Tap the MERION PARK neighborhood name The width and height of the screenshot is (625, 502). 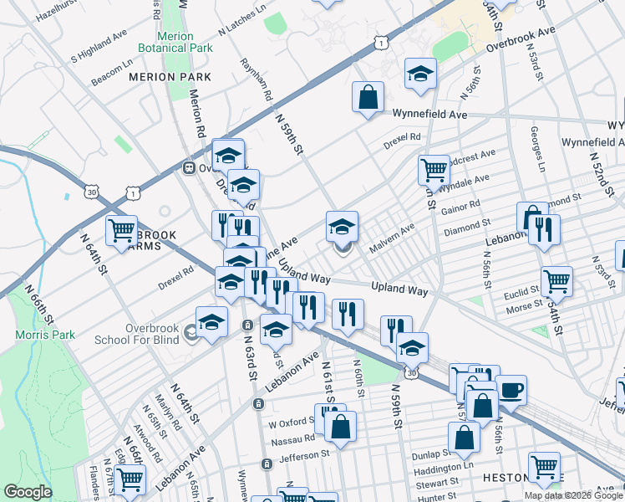coord(170,77)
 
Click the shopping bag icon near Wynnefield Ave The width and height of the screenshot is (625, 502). coord(368,98)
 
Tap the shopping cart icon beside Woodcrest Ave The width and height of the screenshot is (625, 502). coord(434,170)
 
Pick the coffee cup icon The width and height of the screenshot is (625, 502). coord(511,389)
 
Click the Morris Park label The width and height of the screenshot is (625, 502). coord(38,336)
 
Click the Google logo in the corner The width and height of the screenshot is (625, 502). coord(28,492)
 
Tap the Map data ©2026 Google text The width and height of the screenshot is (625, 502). coord(574,495)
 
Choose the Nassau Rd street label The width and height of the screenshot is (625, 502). coord(292,438)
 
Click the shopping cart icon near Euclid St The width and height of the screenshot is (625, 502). coord(556,282)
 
